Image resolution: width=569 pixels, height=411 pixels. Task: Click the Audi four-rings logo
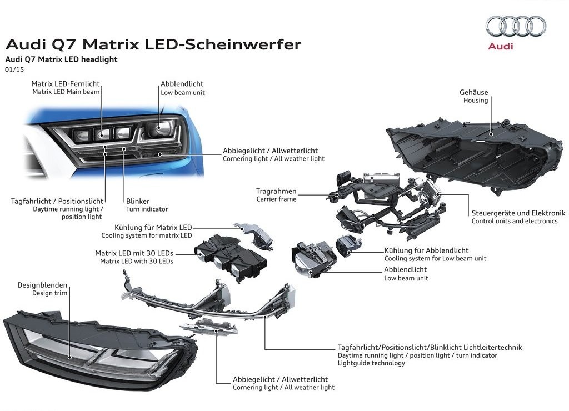(x=516, y=26)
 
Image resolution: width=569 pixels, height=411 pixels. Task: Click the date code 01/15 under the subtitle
(x=14, y=69)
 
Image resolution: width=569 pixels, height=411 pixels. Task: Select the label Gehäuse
(x=473, y=92)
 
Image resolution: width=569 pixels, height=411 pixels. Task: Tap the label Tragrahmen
(x=276, y=191)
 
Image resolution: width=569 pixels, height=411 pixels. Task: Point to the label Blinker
(x=138, y=201)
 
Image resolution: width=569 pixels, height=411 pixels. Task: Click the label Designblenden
(x=42, y=285)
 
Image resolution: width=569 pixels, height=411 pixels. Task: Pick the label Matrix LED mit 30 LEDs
(x=134, y=253)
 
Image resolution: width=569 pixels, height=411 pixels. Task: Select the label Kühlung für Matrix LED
(x=153, y=228)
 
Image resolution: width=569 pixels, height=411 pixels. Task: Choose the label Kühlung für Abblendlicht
(x=426, y=250)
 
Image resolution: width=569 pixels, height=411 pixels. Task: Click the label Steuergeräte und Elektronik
(x=518, y=213)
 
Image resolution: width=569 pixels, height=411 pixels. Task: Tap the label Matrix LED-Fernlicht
(x=66, y=84)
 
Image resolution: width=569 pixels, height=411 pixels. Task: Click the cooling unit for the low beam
(x=348, y=245)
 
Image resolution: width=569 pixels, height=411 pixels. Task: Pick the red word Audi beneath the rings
(x=501, y=46)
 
